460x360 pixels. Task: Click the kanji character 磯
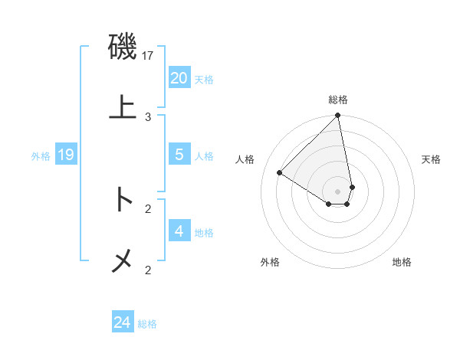pos(123,47)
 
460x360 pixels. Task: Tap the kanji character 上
pos(123,106)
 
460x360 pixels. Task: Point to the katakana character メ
pos(123,260)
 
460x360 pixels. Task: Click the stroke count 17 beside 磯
pos(149,56)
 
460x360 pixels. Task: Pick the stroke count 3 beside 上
pos(148,116)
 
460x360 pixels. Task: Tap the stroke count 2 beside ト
pos(148,208)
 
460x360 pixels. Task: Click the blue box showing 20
pos(179,78)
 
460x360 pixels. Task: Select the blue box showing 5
pos(179,155)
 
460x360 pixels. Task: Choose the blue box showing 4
pos(179,231)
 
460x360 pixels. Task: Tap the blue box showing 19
pos(66,155)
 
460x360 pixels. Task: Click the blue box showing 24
pos(123,322)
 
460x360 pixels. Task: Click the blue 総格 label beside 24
pos(147,324)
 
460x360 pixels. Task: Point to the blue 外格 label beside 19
pos(41,156)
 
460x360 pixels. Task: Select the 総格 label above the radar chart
pos(338,100)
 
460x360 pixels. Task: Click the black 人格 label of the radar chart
pos(245,159)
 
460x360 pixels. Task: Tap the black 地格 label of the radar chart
pos(402,263)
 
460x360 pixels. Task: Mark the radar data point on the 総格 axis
pos(337,116)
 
